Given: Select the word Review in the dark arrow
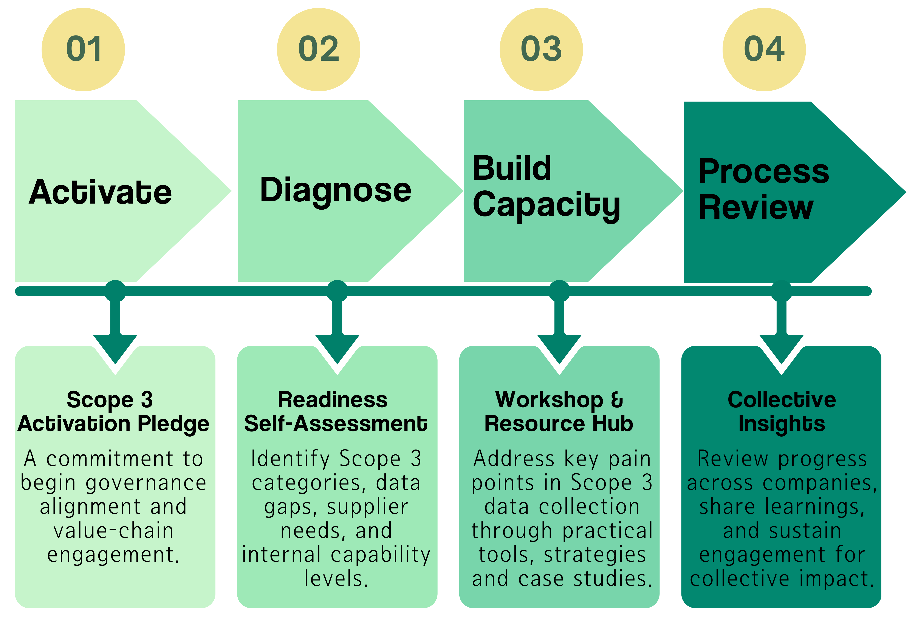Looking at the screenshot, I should pos(756,207).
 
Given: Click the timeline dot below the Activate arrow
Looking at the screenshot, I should pos(115,291).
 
